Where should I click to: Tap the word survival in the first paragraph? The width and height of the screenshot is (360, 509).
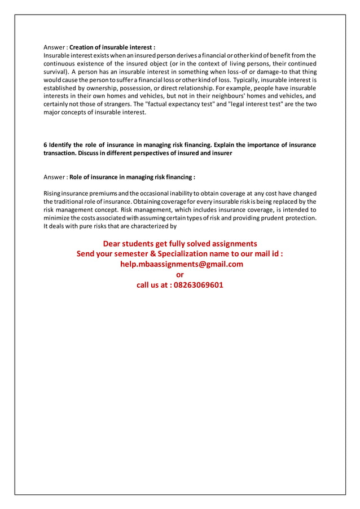click(56, 72)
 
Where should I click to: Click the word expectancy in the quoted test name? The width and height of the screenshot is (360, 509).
click(178, 104)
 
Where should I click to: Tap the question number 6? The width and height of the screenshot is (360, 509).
click(46, 145)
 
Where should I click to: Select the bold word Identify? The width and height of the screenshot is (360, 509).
click(62, 145)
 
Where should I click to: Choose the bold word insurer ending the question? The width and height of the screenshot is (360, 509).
click(221, 153)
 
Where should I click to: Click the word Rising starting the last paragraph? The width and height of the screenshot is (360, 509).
click(53, 194)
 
